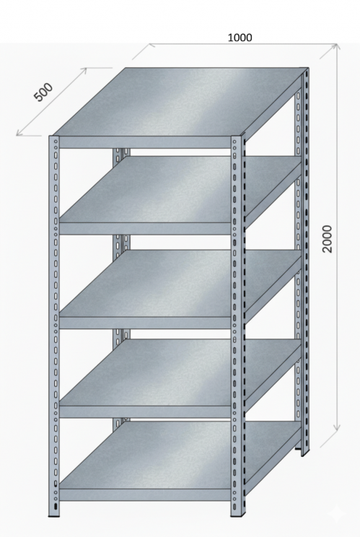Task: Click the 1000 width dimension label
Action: coord(240,38)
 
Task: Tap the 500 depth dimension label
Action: coord(43,92)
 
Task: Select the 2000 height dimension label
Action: coord(328,239)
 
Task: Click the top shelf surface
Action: coord(178,101)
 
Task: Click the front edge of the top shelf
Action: coord(145,142)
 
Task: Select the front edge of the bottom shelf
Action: coord(145,495)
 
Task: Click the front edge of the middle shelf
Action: coord(145,323)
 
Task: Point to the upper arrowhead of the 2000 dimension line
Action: coord(337,47)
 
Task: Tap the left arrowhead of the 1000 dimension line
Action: coord(153,45)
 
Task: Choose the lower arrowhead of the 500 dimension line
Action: coord(20,133)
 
